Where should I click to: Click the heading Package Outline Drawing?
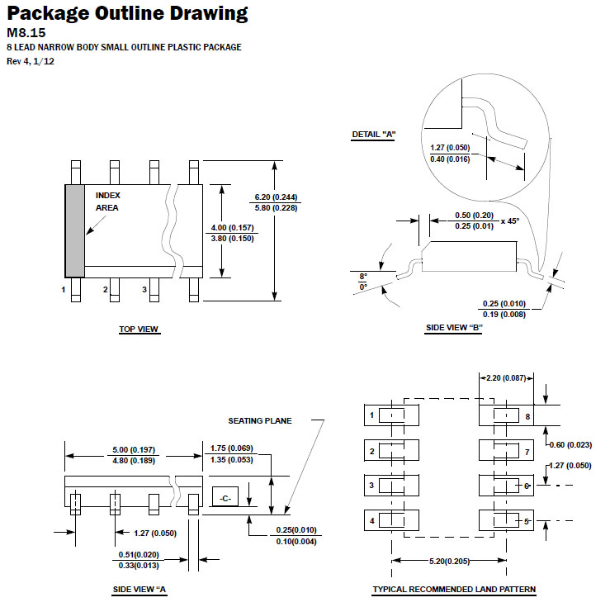(x=127, y=13)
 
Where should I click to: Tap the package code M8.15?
(x=26, y=33)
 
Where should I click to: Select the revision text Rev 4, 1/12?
(x=31, y=61)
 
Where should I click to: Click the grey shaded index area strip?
(x=74, y=230)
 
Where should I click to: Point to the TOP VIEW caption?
(x=139, y=330)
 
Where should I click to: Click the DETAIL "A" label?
(x=373, y=135)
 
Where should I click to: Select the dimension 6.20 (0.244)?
(x=276, y=197)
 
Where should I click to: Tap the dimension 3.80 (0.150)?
(x=232, y=238)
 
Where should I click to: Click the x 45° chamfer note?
(x=510, y=221)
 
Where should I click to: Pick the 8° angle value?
(x=363, y=276)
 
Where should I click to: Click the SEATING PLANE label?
(x=260, y=420)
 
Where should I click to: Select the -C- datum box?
(x=225, y=496)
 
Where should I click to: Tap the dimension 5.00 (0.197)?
(x=134, y=450)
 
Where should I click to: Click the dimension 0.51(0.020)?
(x=139, y=554)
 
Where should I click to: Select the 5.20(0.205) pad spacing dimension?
(x=449, y=561)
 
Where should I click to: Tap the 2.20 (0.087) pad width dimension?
(x=506, y=377)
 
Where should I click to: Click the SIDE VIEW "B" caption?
(x=454, y=328)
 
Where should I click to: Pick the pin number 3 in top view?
(x=144, y=290)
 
